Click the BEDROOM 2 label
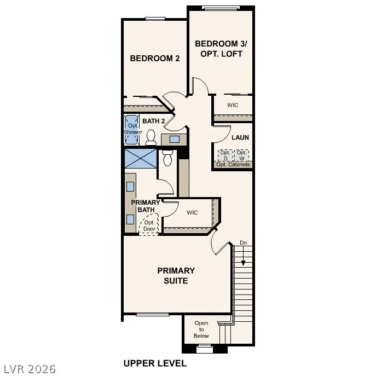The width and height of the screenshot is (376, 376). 154,59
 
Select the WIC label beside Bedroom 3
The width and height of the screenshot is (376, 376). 233,105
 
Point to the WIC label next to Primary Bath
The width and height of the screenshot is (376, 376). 192,212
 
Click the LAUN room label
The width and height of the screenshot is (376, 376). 240,137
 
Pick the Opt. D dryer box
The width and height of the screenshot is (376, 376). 224,155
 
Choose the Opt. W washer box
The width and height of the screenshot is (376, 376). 241,155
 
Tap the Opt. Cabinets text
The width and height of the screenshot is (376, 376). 233,164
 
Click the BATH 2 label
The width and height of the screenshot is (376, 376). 154,121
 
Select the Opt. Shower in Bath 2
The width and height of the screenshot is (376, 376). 132,129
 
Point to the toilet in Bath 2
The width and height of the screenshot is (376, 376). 151,137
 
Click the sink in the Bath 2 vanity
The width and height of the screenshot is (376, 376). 174,139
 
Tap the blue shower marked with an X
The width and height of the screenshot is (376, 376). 140,159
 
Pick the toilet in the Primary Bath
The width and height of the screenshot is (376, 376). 167,158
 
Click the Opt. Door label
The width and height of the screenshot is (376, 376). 149,225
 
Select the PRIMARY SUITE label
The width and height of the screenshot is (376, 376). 176,275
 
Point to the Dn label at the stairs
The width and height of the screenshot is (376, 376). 243,242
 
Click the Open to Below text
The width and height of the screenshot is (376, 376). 201,329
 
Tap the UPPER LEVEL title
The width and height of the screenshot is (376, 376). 155,363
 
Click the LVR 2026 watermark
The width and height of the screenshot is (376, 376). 28,369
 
